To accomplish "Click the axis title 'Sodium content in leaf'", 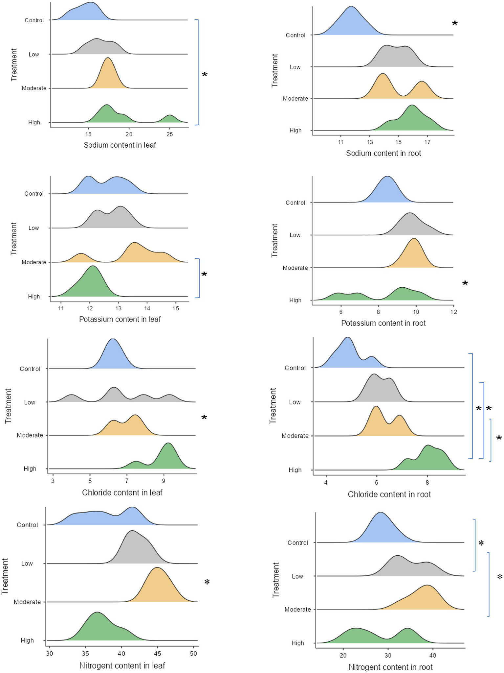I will pos(120,145).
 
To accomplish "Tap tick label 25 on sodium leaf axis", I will pos(169,134).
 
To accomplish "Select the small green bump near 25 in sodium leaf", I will pos(169,118).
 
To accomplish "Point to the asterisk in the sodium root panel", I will pos(455,24).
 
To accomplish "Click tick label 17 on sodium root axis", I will pos(427,142).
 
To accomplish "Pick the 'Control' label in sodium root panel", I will pos(296,35).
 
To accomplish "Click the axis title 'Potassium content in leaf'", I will pos(120,319).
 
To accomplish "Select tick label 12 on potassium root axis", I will pos(453,312).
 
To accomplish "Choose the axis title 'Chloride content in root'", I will pos(389,494).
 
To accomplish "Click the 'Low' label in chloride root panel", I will pos(295,402).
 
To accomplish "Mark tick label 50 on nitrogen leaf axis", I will pos(193,654).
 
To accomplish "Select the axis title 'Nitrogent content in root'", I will pos(390,667).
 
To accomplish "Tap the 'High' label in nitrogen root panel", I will pos(298,643).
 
